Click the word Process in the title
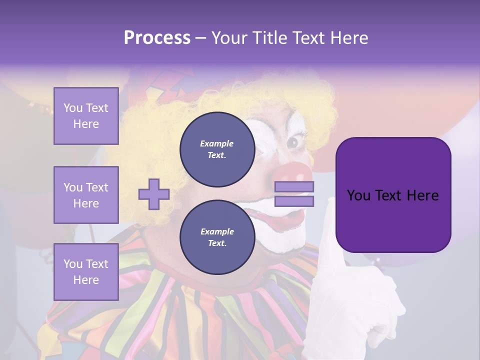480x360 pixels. click(157, 38)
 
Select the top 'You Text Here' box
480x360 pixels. click(86, 116)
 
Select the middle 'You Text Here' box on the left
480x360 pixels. click(86, 195)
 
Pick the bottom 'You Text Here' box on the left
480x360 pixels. click(86, 271)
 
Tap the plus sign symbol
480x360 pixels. click(153, 193)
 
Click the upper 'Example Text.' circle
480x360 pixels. click(217, 149)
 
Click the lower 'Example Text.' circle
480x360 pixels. click(217, 237)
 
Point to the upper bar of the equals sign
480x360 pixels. click(294, 187)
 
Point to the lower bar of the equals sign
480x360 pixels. click(294, 201)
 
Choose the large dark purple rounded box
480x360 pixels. click(393, 195)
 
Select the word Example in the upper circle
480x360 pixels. click(217, 144)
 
